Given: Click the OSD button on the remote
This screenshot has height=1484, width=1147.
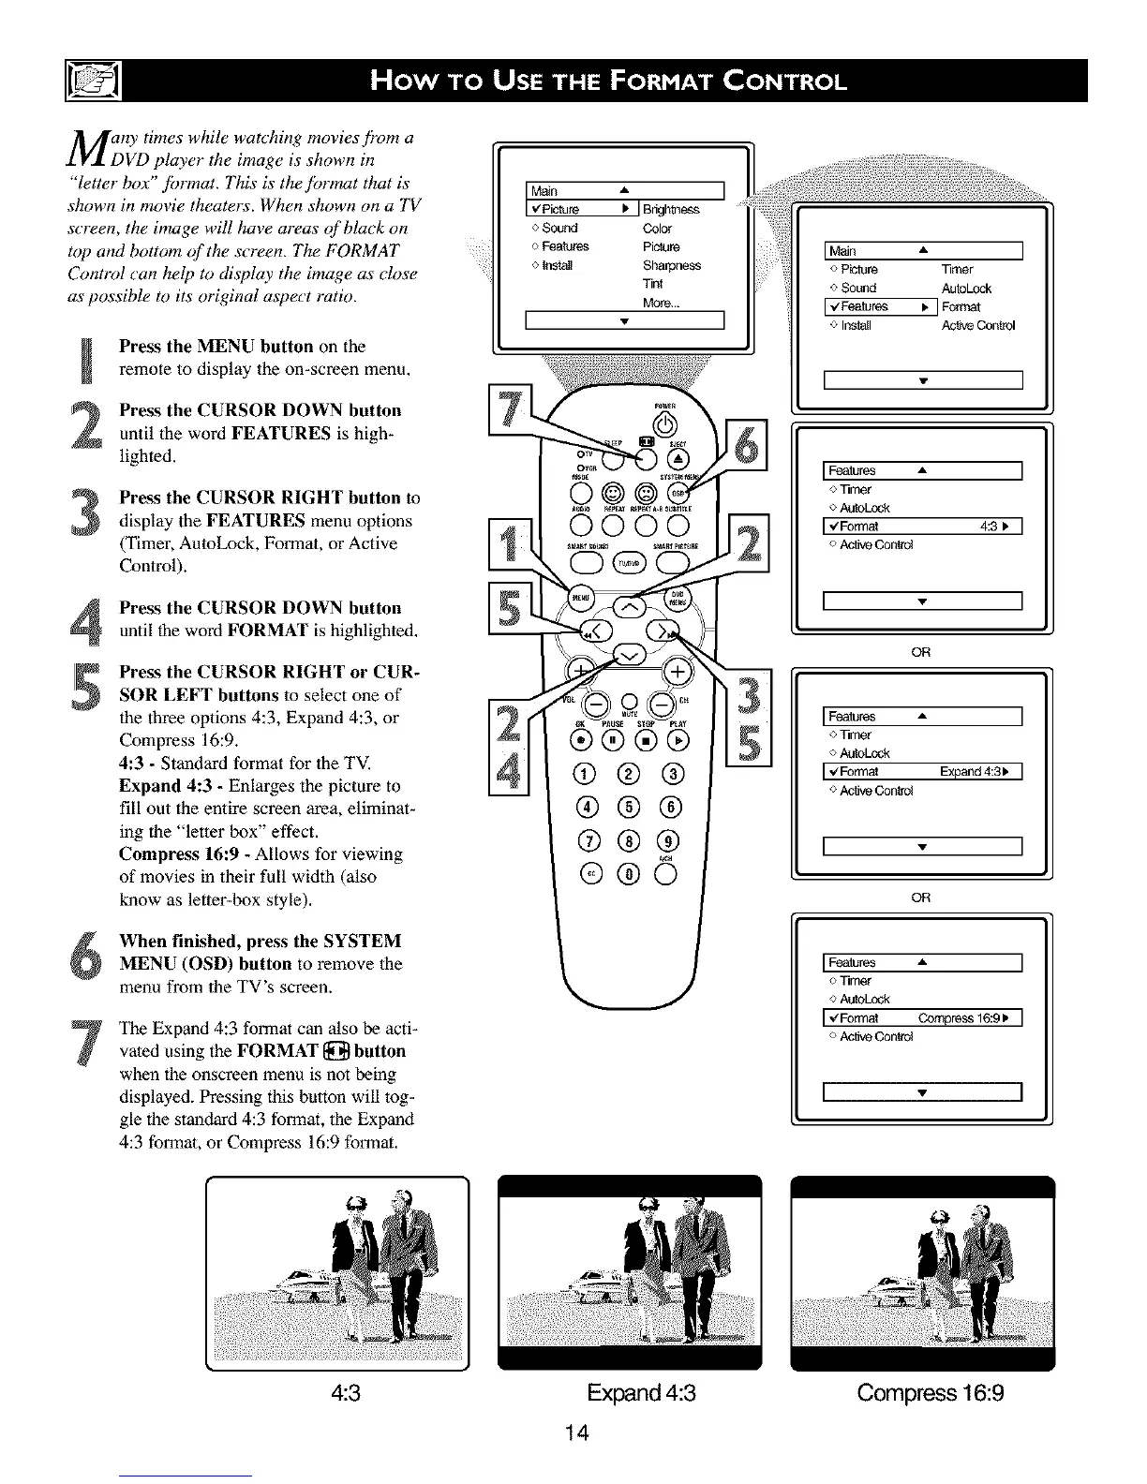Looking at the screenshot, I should pyautogui.click(x=677, y=491).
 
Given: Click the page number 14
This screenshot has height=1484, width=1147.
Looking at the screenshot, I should pyautogui.click(x=576, y=1432).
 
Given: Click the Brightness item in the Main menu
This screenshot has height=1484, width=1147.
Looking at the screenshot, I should pyautogui.click(x=671, y=209).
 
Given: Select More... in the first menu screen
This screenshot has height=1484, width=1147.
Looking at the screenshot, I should pyautogui.click(x=661, y=303).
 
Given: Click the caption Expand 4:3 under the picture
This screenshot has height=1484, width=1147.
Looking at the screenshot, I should pyautogui.click(x=641, y=1393).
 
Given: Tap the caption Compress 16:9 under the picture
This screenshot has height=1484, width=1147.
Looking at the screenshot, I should pyautogui.click(x=930, y=1393).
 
